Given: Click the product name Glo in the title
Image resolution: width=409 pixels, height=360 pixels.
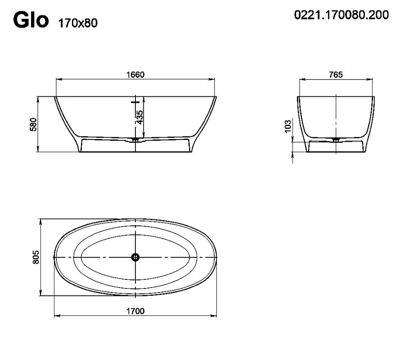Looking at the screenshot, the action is coord(31,20).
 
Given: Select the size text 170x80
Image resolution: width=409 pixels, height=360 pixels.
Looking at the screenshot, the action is coord(78,23).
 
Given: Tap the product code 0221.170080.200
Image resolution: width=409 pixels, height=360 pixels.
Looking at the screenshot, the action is coord(342,15).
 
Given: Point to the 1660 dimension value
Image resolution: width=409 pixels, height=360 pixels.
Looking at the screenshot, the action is coord(135,75).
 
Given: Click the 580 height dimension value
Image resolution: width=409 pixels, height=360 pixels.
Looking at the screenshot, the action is coord(34,125).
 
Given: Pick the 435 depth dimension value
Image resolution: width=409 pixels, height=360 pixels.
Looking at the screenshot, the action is coord(139,117).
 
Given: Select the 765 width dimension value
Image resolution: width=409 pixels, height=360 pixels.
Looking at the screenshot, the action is coord(336,75).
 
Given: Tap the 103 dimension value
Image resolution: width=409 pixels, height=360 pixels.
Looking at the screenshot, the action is coord(288,126).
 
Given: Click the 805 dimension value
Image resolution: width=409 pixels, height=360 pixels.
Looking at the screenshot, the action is coord(36,257).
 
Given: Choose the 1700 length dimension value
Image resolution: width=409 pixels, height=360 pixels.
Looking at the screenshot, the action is coord(135,311).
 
